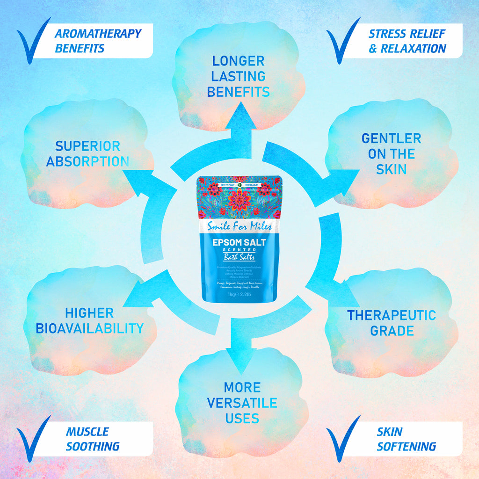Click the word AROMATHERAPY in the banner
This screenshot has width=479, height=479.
pos(98,34)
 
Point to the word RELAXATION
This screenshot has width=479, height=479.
pos(413,49)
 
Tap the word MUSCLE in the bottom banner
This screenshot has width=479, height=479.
pos(87,431)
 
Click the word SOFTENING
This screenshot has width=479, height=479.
pos(406,446)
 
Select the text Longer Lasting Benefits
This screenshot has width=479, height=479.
pos(238,76)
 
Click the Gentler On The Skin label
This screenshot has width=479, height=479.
pos(391,153)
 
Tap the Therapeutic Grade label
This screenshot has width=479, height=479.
pos(391,323)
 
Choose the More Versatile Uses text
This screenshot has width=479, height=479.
pos(242,402)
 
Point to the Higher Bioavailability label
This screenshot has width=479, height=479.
pos(89,320)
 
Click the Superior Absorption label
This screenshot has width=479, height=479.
pos(87,153)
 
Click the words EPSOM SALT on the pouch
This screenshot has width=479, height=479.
pos(239,243)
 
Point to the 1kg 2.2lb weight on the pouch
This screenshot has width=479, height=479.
pos(239,295)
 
